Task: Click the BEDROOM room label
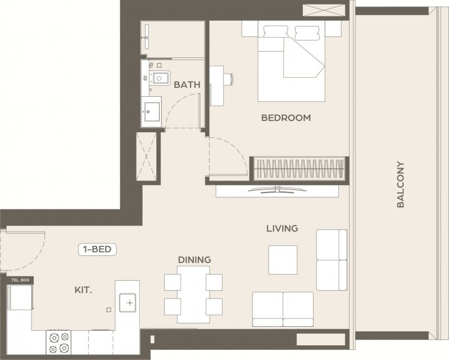point(286,118)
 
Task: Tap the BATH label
point(187,84)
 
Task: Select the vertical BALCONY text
point(400,184)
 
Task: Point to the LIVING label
point(282,228)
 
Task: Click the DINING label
point(194,260)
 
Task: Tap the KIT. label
point(83,290)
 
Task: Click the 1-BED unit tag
point(97,249)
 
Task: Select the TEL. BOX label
point(20,280)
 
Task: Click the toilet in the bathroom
point(160,78)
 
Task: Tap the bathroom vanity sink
point(151,112)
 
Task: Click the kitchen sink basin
point(128,303)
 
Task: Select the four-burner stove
point(58,343)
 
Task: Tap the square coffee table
point(283,260)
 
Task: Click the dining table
point(193,294)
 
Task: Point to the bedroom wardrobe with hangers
point(299,169)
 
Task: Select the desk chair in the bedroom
point(229,79)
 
